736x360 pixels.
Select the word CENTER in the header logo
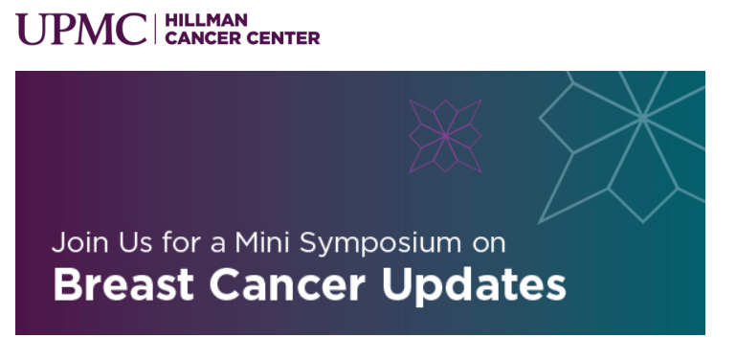[x=279, y=38]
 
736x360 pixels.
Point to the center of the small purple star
[x=445, y=136]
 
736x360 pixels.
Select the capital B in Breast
[x=64, y=285]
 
